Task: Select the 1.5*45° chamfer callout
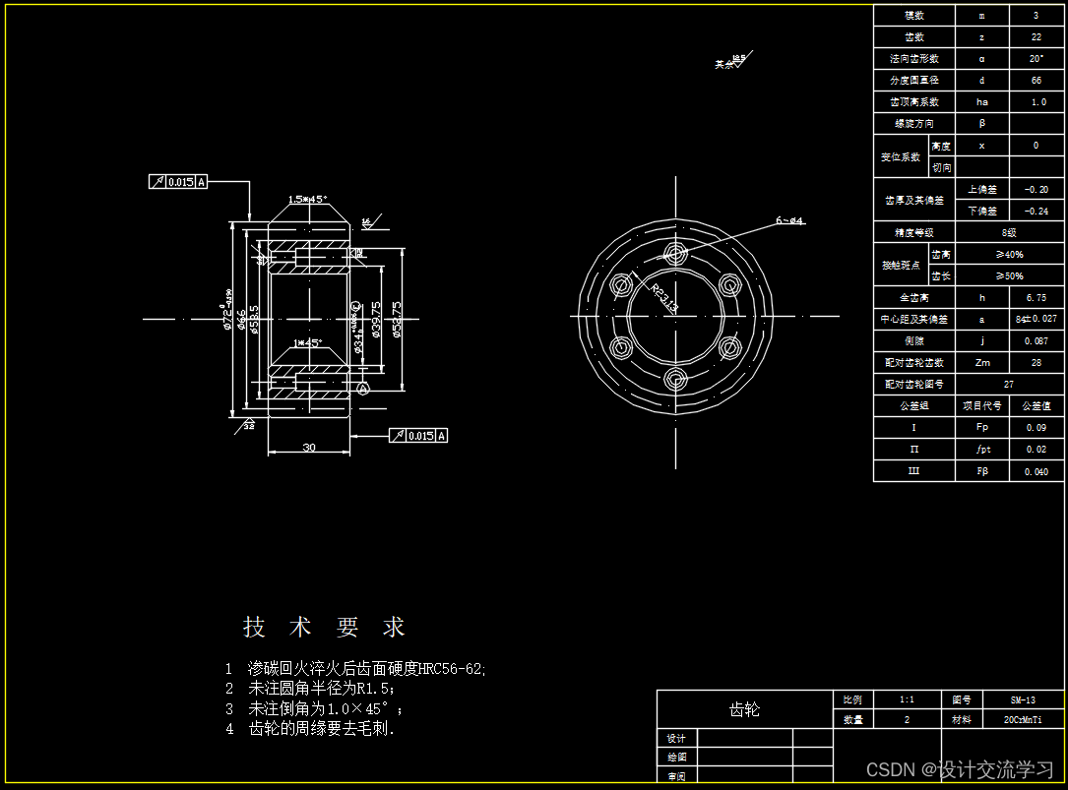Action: [307, 200]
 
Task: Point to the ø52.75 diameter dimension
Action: [396, 320]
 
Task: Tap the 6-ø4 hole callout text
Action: [789, 221]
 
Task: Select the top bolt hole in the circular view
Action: [675, 251]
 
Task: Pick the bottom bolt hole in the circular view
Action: [675, 380]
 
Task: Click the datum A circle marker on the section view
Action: [362, 390]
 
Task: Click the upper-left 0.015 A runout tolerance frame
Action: [178, 182]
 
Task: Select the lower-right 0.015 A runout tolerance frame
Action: [418, 436]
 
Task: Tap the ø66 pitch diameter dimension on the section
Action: [242, 320]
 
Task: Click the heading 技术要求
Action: [324, 627]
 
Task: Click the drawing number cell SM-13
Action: [1023, 699]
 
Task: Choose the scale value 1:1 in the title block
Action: [907, 699]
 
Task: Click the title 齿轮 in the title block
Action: [743, 709]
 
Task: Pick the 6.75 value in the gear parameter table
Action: [1036, 297]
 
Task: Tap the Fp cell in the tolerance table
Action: [981, 427]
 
